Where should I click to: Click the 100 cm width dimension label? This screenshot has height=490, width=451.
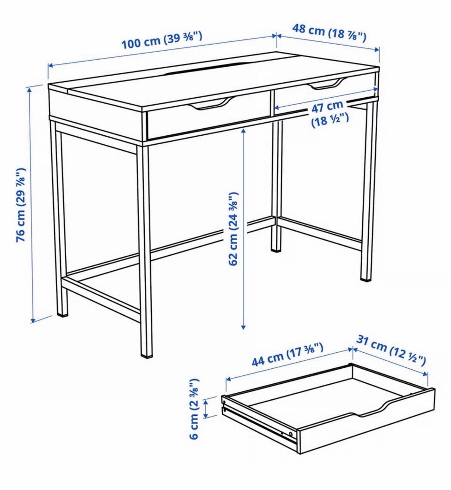click(x=162, y=40)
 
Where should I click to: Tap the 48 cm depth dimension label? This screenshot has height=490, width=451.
click(x=329, y=32)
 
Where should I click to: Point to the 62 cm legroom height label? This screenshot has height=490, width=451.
click(x=233, y=229)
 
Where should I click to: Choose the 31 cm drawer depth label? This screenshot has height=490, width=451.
click(x=391, y=350)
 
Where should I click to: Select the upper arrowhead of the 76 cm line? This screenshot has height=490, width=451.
click(x=30, y=90)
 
